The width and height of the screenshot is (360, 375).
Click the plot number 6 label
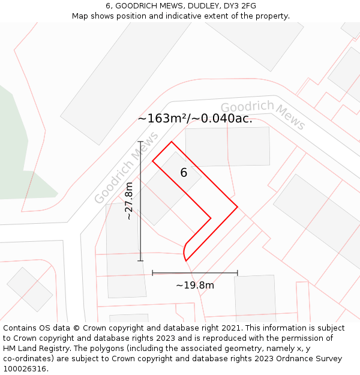tap(184, 173)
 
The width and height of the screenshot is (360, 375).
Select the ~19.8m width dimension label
tap(194, 286)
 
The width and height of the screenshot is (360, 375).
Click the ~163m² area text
tap(163, 119)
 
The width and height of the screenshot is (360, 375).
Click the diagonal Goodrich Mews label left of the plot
tap(126, 168)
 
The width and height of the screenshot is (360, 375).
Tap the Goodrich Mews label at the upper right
tap(263, 114)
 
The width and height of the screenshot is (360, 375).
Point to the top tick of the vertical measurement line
tap(140, 142)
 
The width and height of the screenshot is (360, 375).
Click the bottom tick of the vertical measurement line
tap(140, 261)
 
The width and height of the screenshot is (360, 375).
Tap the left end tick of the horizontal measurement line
tap(152, 273)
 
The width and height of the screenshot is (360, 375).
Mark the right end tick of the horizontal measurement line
tap(238, 273)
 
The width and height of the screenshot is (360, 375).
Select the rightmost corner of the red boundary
tap(238, 207)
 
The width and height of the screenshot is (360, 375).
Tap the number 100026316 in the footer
tap(24, 368)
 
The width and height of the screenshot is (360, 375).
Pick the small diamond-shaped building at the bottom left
tap(29, 289)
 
